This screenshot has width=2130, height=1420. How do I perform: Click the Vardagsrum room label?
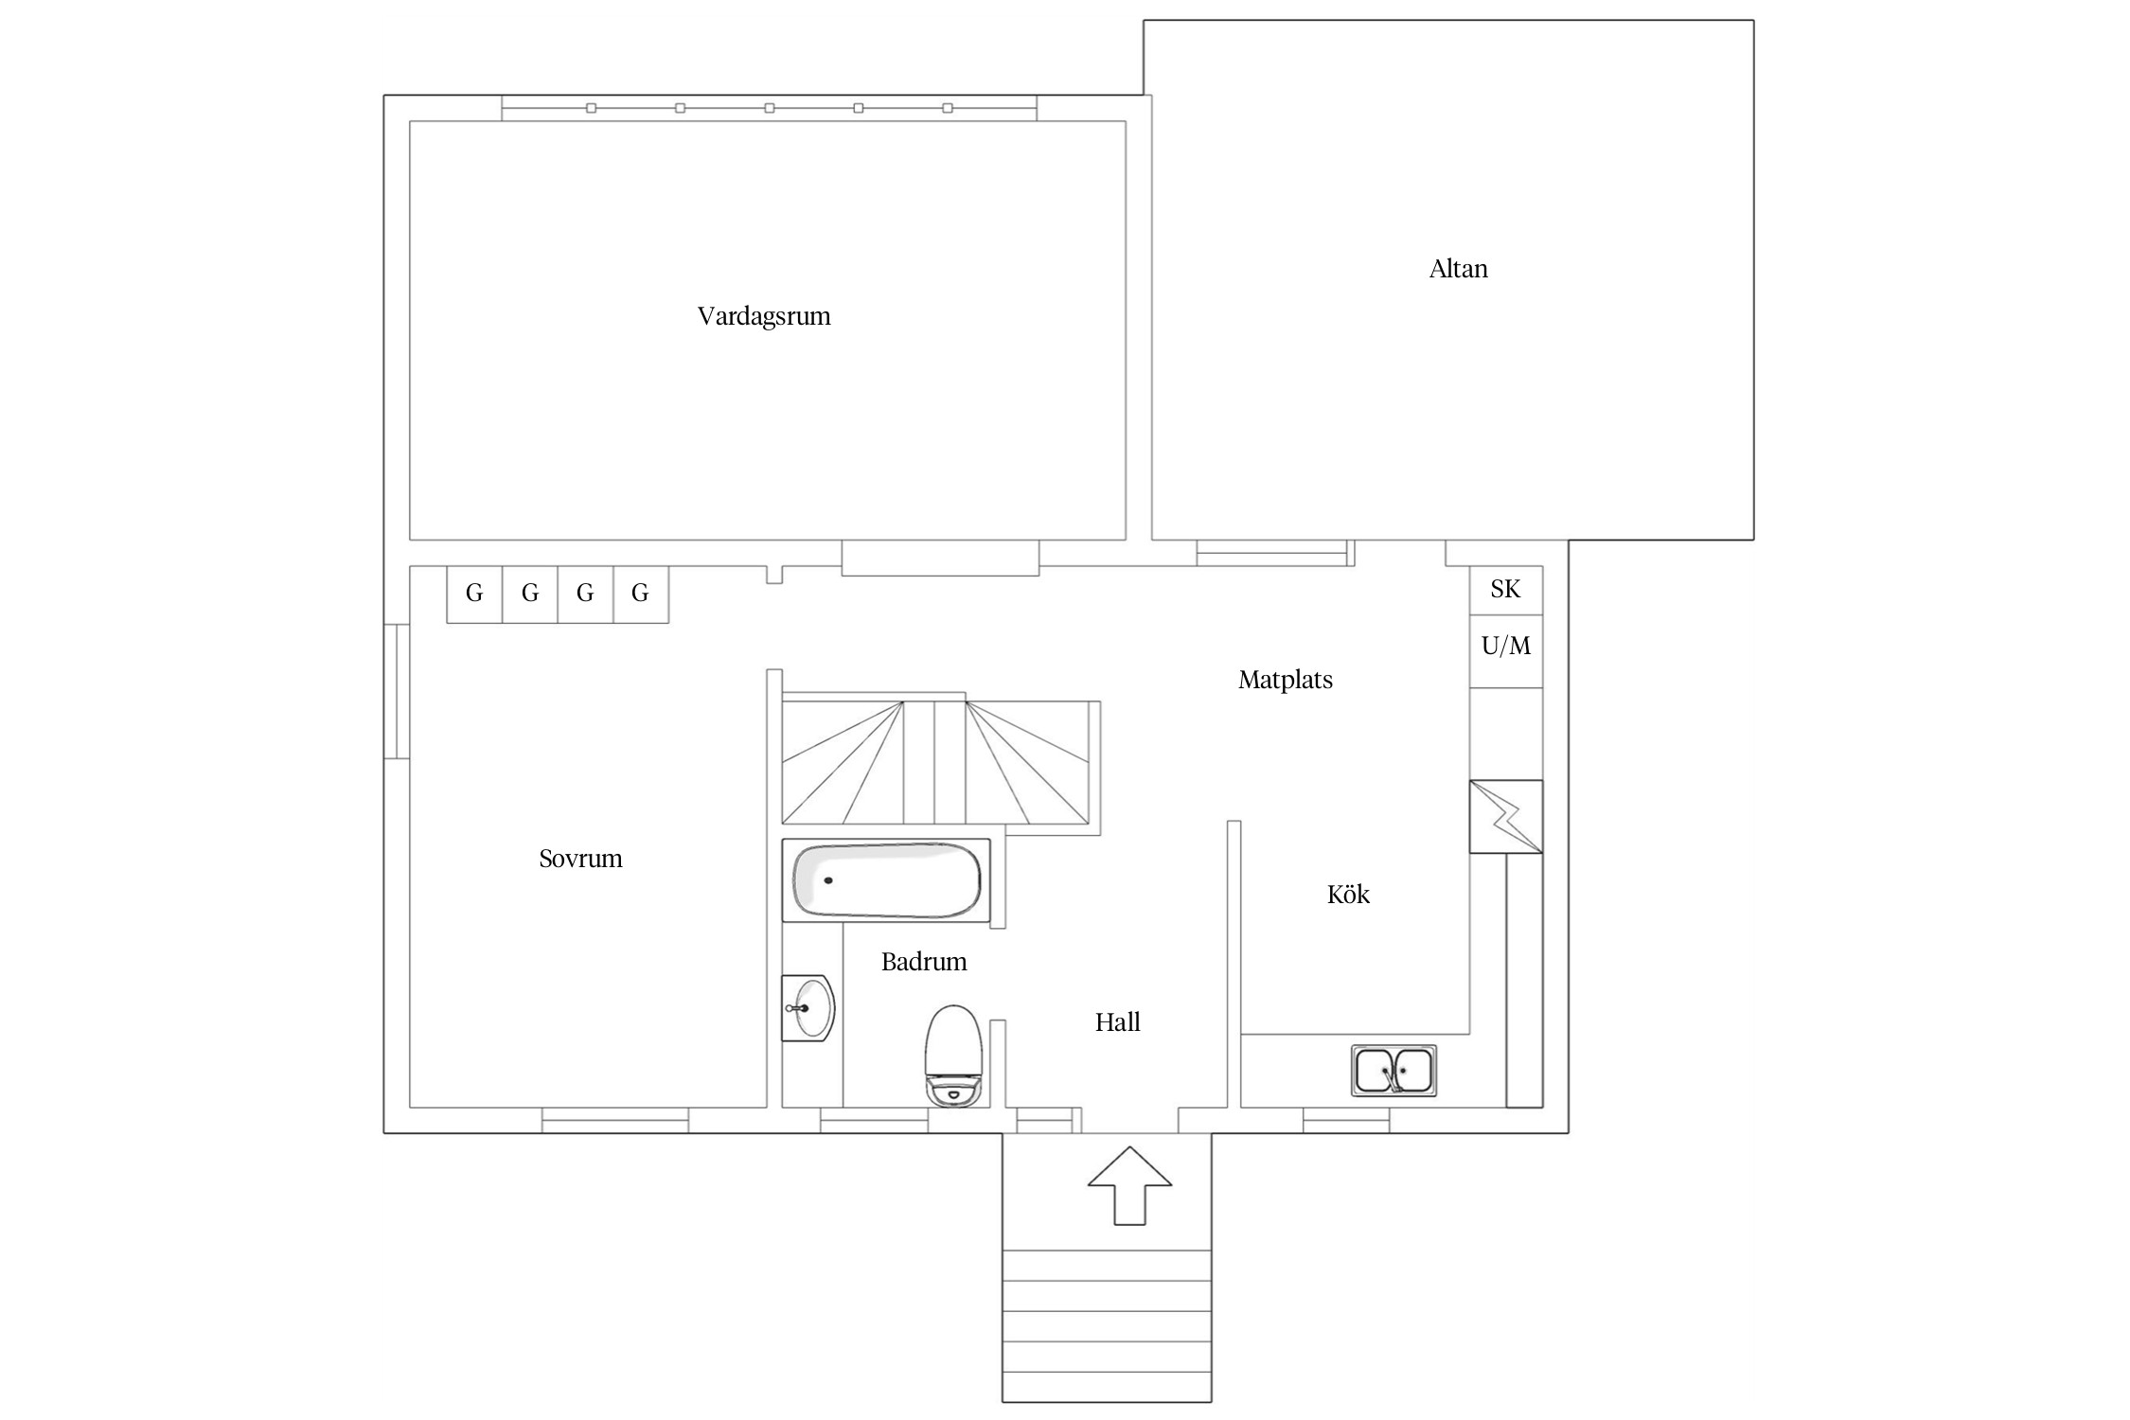pyautogui.click(x=764, y=316)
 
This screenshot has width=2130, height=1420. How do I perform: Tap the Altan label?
pyautogui.click(x=1458, y=269)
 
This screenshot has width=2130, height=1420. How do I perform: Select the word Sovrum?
pyautogui.click(x=580, y=859)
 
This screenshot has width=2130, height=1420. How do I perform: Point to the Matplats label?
pyautogui.click(x=1285, y=680)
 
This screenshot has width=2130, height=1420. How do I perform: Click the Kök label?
pyautogui.click(x=1348, y=894)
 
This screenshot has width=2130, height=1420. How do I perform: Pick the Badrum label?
pyautogui.click(x=924, y=962)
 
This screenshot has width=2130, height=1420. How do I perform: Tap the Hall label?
pyautogui.click(x=1117, y=1022)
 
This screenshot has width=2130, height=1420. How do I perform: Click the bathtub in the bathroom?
pyautogui.click(x=886, y=880)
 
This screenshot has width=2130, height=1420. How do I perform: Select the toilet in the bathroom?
pyautogui.click(x=952, y=1056)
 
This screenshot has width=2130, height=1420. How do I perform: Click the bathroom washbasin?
pyautogui.click(x=808, y=1008)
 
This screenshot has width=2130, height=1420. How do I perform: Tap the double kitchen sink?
pyautogui.click(x=1393, y=1071)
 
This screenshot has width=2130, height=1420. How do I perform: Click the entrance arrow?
pyautogui.click(x=1129, y=1185)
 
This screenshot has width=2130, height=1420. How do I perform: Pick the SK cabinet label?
pyautogui.click(x=1505, y=589)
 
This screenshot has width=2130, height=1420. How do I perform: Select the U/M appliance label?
pyautogui.click(x=1505, y=646)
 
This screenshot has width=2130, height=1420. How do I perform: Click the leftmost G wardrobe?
pyautogui.click(x=474, y=595)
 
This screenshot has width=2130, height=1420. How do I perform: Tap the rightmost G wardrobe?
pyautogui.click(x=641, y=595)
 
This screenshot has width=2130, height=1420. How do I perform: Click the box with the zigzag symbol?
pyautogui.click(x=1505, y=816)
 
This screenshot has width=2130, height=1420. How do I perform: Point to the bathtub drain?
pyautogui.click(x=828, y=880)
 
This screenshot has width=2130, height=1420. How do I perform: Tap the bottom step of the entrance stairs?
pyautogui.click(x=1107, y=1386)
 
